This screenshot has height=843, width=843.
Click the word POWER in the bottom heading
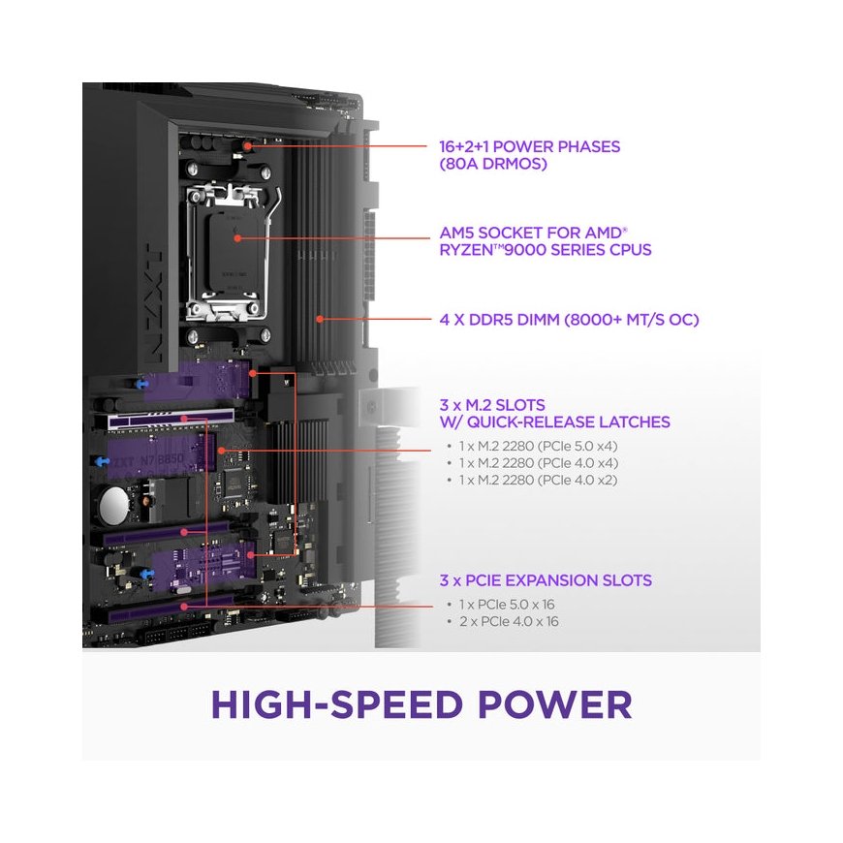point(555,704)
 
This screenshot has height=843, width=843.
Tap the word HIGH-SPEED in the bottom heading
point(336,704)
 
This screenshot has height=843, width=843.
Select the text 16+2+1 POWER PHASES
point(530,146)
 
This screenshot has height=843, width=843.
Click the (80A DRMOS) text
point(493,164)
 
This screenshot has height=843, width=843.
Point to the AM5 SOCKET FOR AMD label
point(533,233)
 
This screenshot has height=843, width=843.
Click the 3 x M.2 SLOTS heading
point(492,405)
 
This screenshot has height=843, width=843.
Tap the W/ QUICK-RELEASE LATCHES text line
point(554,422)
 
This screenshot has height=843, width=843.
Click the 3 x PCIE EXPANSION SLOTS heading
point(546,580)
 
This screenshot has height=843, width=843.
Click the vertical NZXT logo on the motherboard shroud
point(153,303)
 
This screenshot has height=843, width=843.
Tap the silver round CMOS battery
point(114,506)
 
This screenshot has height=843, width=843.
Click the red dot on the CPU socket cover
point(237,237)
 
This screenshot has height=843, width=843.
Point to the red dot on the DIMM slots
point(320,319)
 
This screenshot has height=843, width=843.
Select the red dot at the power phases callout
point(247,145)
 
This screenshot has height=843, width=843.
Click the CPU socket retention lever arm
point(274,253)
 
